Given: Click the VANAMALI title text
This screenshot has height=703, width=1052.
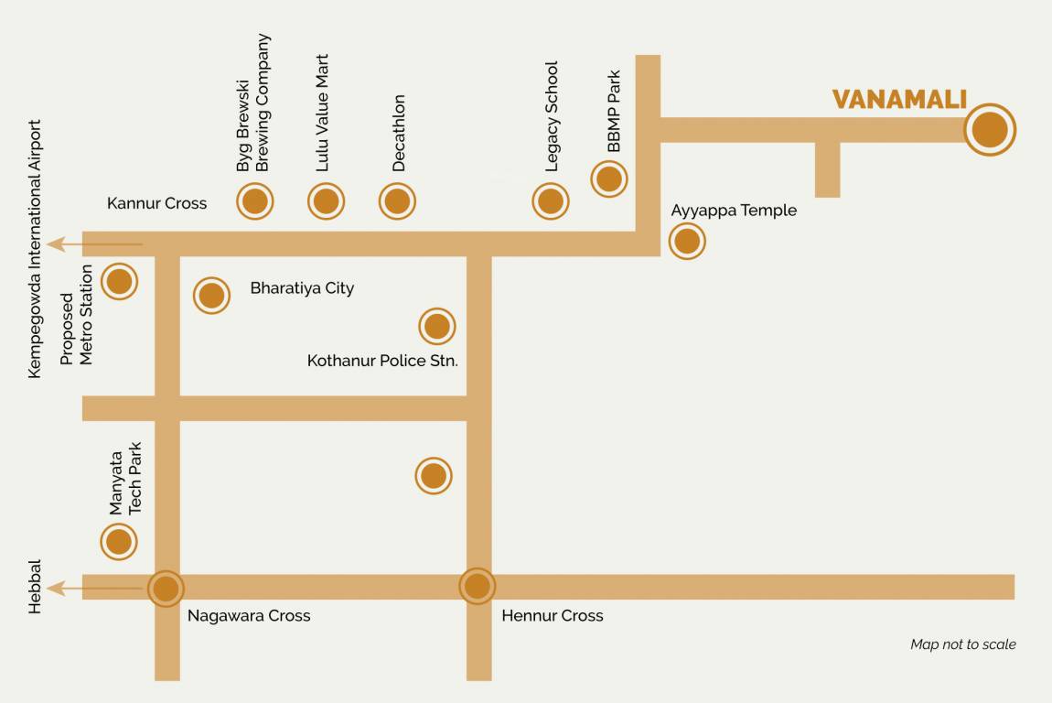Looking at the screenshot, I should (899, 99).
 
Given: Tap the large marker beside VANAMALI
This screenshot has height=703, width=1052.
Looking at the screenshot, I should (990, 130).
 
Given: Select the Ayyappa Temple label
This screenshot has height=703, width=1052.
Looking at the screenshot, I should (734, 211).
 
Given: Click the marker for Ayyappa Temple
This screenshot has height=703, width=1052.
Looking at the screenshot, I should (687, 242).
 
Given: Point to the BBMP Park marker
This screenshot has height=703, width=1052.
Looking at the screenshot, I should (609, 178).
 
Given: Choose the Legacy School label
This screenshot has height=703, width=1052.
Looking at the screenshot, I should (552, 116).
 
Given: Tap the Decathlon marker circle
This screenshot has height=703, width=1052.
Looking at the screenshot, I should (397, 201).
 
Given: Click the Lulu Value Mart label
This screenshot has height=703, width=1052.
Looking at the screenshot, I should (322, 113).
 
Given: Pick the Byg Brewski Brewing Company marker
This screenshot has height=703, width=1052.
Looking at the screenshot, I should (255, 201).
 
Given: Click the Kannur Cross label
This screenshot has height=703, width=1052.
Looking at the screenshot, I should (156, 203).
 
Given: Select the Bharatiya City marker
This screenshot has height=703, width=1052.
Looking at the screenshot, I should (211, 296).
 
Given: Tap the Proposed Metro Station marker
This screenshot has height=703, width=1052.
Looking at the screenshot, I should (119, 281).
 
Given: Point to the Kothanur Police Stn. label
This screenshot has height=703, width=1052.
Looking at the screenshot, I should (382, 361).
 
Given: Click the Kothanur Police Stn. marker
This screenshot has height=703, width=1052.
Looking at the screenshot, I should (437, 326).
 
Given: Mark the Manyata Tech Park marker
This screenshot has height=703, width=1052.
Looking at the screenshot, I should (119, 542).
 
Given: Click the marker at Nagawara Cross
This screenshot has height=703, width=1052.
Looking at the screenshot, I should (166, 588).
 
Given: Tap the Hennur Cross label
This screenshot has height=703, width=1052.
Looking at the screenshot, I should (553, 616).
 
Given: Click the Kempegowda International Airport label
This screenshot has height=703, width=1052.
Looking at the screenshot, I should (36, 249).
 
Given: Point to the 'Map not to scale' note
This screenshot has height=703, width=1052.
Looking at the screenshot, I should (962, 644).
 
